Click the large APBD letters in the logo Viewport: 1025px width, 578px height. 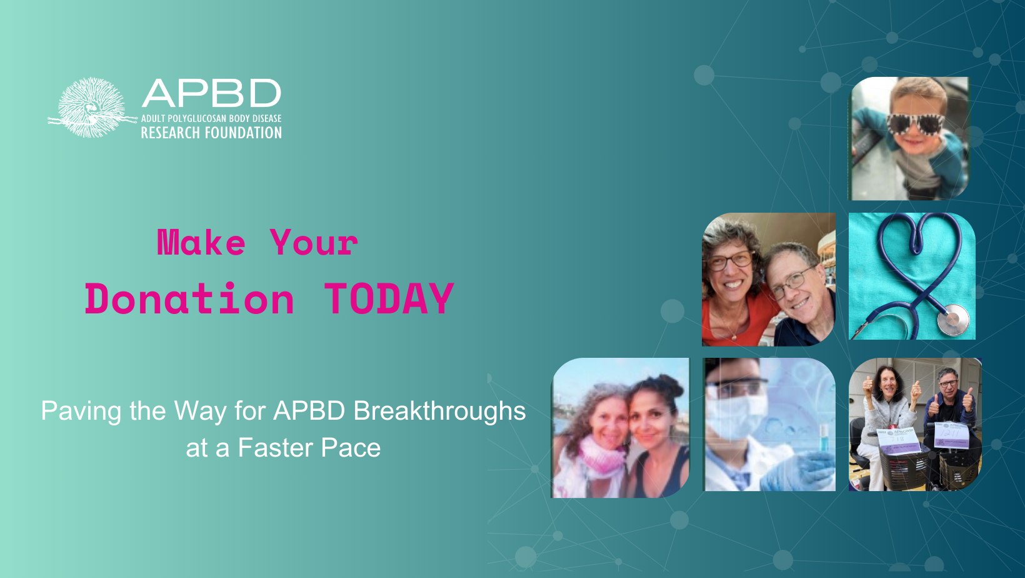tap(211, 94)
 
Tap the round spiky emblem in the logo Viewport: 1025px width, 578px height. tap(92, 108)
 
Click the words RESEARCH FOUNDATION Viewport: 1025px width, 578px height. tap(211, 133)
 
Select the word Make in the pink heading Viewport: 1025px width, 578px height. tap(201, 243)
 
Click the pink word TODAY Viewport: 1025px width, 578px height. tap(389, 299)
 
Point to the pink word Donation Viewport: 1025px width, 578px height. tap(189, 299)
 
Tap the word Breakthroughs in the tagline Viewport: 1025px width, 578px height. tap(439, 411)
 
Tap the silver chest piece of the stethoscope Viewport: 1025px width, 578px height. tap(952, 320)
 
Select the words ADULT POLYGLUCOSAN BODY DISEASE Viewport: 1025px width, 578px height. tap(211, 118)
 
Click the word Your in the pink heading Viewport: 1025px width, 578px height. tap(314, 243)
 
